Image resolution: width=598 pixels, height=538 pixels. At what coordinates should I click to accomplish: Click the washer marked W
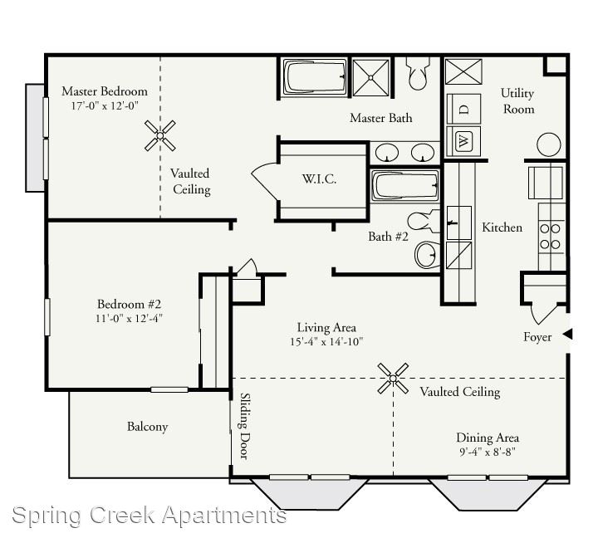463,141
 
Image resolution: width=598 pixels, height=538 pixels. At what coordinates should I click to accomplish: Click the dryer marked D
463,109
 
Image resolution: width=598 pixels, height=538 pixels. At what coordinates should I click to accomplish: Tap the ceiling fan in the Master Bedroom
160,135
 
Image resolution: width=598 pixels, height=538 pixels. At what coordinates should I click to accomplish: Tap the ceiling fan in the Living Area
393,379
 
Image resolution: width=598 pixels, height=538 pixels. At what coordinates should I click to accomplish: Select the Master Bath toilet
418,73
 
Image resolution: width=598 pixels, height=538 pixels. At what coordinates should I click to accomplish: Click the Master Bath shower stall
370,77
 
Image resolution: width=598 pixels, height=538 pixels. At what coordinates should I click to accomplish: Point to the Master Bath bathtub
313,76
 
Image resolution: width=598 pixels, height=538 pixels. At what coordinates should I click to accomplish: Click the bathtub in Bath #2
404,186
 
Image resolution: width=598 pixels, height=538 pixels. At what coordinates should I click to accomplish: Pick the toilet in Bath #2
424,221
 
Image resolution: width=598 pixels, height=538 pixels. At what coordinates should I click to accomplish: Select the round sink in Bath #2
427,254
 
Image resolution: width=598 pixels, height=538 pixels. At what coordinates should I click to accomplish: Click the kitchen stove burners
551,237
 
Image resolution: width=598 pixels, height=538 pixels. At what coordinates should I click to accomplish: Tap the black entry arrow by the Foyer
568,335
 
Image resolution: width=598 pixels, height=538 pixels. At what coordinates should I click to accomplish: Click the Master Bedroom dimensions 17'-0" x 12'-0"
105,105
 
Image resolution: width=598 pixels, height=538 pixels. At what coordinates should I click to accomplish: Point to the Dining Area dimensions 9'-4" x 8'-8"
488,452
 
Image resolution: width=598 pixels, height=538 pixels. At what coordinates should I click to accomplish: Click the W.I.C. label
319,179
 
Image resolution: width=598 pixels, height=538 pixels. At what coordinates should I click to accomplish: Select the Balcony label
148,427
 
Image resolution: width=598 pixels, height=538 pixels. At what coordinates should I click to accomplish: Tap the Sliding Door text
245,426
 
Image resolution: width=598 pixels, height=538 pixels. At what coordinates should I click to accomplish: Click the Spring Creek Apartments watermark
149,515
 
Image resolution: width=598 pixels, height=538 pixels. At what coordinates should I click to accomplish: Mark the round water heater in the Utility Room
549,144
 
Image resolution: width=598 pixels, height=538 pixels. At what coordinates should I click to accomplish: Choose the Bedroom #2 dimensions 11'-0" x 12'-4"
129,318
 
